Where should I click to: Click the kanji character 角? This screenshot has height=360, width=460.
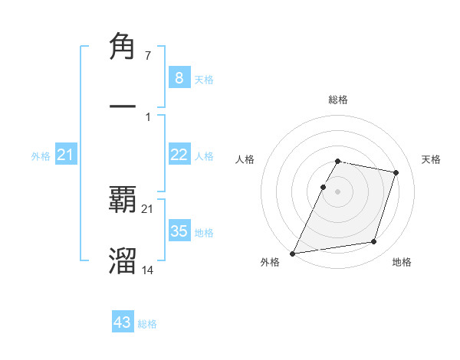123,47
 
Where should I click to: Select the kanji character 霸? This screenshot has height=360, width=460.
123,201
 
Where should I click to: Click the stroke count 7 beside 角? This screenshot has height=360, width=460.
147,56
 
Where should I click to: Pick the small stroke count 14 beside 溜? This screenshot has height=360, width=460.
148,270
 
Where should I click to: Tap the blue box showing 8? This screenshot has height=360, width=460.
179,78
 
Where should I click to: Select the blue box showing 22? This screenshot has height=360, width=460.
179,155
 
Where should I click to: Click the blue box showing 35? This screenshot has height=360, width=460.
179,231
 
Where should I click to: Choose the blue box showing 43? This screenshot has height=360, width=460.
123,322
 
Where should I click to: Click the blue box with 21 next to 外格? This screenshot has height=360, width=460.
66,155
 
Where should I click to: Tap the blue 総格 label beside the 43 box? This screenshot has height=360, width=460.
147,324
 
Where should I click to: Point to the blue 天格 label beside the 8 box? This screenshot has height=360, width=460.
204,80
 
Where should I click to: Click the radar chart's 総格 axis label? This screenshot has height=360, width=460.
338,100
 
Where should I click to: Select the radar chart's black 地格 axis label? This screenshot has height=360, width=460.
402,262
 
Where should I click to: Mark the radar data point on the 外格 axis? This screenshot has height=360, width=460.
292,253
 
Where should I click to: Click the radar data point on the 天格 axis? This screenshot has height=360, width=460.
396,172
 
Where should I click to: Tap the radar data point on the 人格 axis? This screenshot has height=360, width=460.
323,187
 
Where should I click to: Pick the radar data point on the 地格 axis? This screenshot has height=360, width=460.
374,242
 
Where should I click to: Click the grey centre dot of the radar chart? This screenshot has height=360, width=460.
338,191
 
